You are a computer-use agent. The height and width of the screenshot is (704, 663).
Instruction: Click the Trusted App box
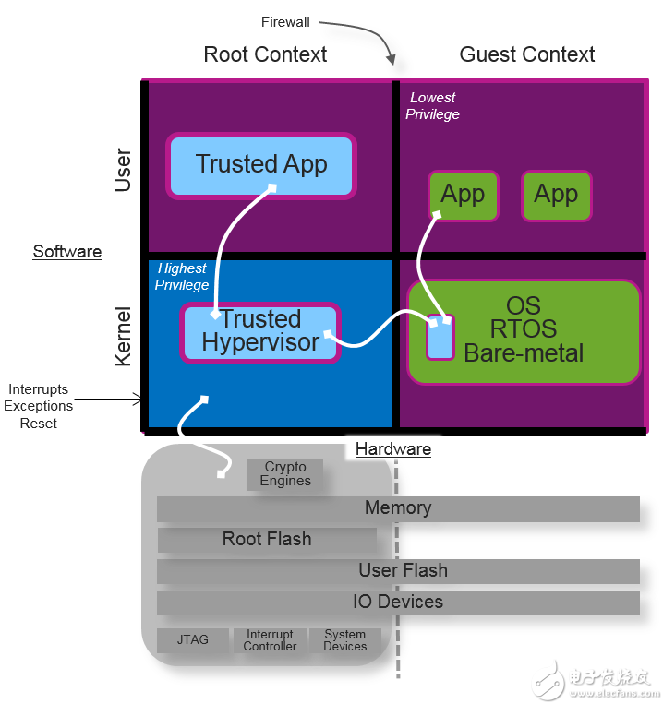(261, 166)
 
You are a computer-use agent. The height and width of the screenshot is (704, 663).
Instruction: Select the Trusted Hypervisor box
(260, 333)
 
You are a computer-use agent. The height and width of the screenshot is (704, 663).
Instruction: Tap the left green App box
(464, 196)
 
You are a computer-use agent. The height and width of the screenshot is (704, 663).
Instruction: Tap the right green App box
(557, 196)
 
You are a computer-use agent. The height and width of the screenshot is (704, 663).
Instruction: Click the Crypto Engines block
(285, 474)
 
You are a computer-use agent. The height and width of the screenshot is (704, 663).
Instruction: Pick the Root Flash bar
(267, 539)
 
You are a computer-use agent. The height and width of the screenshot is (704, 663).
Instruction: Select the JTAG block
(193, 639)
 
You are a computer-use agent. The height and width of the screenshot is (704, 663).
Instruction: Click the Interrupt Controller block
(270, 640)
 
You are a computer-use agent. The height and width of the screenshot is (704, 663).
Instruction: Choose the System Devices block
(345, 640)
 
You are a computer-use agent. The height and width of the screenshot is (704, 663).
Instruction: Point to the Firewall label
(285, 22)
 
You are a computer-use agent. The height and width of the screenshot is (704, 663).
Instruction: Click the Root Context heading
(265, 54)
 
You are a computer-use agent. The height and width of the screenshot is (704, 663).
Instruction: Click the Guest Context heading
(527, 54)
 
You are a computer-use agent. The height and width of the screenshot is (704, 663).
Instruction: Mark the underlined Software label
(67, 251)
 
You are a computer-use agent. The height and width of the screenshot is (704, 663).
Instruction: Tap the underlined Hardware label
(393, 449)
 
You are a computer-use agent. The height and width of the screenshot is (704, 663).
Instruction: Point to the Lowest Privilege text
(432, 106)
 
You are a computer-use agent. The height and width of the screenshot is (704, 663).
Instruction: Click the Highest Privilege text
(182, 277)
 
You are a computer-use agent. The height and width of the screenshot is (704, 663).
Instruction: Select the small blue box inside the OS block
(440, 337)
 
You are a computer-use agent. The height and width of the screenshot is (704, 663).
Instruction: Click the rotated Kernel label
(122, 336)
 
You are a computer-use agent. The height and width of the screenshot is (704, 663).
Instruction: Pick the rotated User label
(122, 170)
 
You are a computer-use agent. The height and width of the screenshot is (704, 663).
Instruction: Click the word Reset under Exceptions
(39, 424)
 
